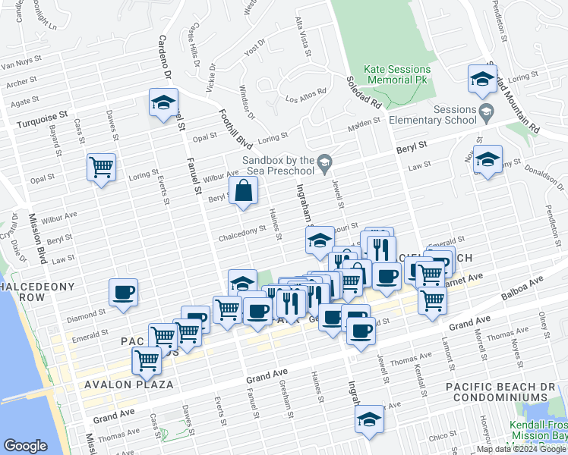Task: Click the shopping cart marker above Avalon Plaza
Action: coord(146,359)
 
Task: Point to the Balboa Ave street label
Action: coord(523,289)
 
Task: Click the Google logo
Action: coord(25,446)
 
